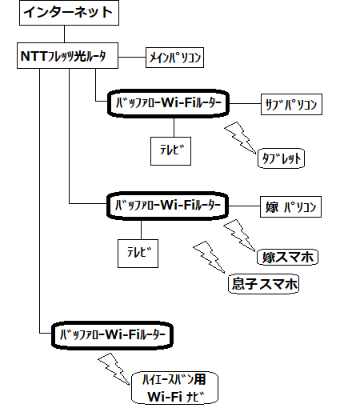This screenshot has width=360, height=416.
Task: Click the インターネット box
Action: click(x=69, y=13)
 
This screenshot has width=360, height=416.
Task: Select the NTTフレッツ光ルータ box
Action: click(x=67, y=55)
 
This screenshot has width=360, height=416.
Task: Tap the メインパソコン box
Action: click(x=174, y=58)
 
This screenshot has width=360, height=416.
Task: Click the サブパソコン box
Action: click(x=291, y=104)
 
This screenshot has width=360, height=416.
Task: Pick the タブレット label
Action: click(x=281, y=158)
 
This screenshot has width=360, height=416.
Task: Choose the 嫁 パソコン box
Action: click(x=290, y=207)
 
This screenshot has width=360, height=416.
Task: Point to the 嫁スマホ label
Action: click(x=287, y=258)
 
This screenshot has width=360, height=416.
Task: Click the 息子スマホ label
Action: click(x=263, y=284)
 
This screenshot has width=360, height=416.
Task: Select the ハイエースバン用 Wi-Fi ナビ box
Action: click(x=174, y=388)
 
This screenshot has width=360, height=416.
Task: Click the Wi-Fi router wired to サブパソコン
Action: click(x=168, y=103)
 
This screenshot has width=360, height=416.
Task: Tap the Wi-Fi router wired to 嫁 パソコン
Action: click(x=167, y=206)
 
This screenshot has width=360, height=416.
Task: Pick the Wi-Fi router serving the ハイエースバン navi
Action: click(x=112, y=335)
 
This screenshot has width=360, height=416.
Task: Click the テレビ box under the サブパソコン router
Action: click(x=170, y=151)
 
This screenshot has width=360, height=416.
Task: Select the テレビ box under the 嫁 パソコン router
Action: click(x=138, y=254)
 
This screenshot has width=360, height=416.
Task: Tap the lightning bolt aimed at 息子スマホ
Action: click(x=210, y=258)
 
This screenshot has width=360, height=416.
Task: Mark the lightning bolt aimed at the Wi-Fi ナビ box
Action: click(x=114, y=370)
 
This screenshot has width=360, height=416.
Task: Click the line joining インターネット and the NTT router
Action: click(x=64, y=34)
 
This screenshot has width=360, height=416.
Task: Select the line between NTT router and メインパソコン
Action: click(x=132, y=57)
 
